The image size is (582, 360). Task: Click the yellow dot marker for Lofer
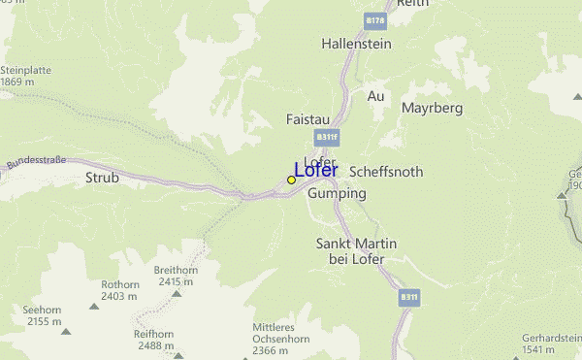(x=291, y=180)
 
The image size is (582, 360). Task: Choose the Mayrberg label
(x=432, y=107)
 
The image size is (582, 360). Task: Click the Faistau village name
(x=308, y=118)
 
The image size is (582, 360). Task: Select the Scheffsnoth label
(x=385, y=171)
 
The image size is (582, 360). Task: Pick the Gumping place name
(x=337, y=193)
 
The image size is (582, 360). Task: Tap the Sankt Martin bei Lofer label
(x=350, y=250)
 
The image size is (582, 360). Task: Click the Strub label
(x=102, y=178)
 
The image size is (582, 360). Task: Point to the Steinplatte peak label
(x=23, y=76)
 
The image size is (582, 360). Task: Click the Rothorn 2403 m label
(x=120, y=290)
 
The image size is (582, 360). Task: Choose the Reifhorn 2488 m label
(x=154, y=339)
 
